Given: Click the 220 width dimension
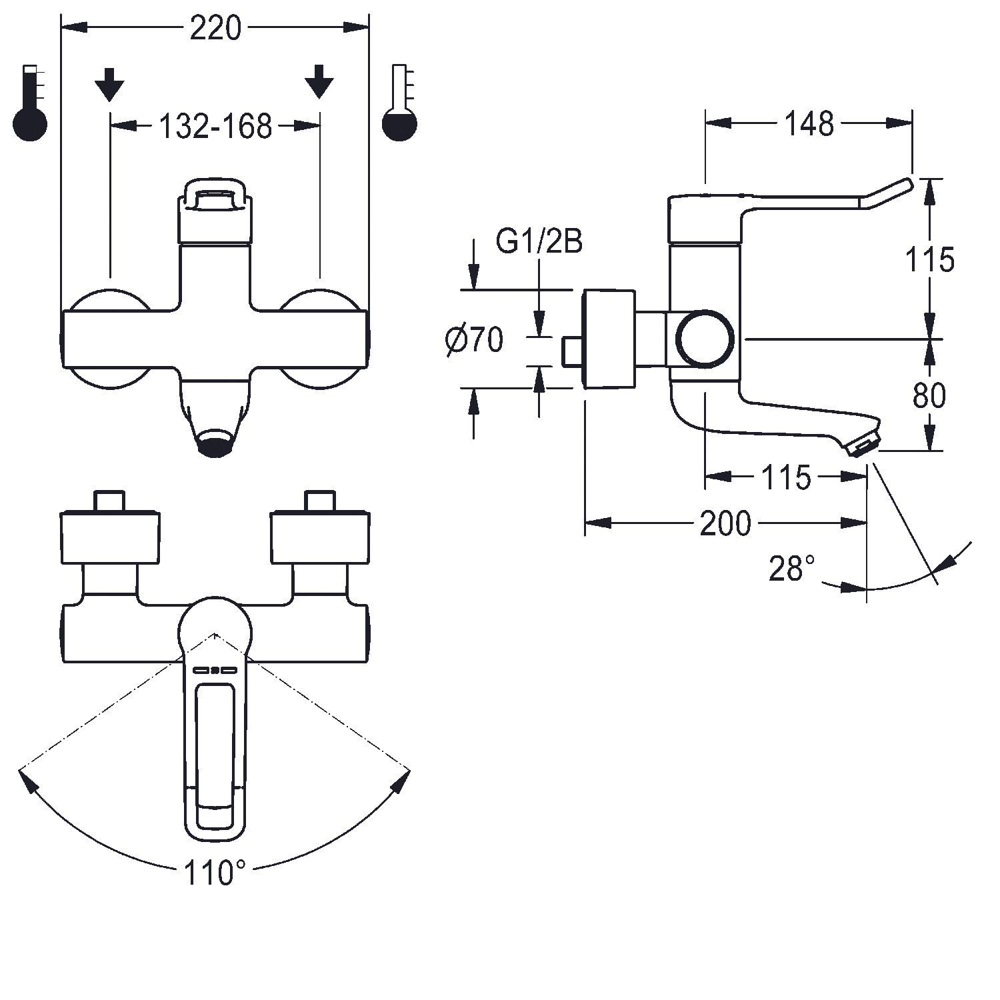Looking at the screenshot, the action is click(x=215, y=29).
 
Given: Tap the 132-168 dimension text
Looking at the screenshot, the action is click(x=215, y=125).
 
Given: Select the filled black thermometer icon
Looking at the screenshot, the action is click(x=31, y=103).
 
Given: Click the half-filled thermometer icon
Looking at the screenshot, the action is click(x=399, y=103).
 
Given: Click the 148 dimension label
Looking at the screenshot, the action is click(x=809, y=123).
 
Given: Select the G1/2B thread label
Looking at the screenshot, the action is click(x=539, y=241).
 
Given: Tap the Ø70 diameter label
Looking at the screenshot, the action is click(x=475, y=341).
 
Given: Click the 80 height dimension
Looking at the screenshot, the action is click(x=929, y=396).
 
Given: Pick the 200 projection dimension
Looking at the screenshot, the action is click(x=725, y=523).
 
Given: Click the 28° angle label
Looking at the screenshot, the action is click(x=792, y=569).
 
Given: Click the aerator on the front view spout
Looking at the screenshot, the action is click(x=215, y=443).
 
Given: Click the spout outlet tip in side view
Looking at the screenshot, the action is click(x=865, y=443).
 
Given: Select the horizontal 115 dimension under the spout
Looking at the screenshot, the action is click(x=786, y=477).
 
